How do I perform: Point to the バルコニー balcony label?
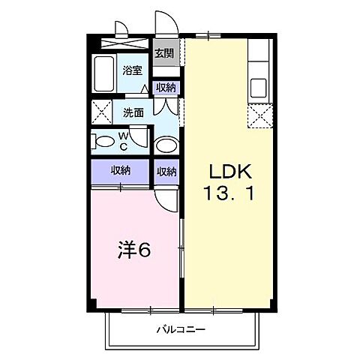click(181, 329)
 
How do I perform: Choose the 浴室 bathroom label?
click(133, 70)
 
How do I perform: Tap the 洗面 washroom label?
click(135, 112)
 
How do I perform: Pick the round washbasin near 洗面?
click(165, 145)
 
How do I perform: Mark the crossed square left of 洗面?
click(100, 113)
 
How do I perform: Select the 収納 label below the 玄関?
click(166, 87)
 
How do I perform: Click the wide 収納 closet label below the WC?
click(121, 170)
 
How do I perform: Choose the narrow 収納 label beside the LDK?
click(166, 170)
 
